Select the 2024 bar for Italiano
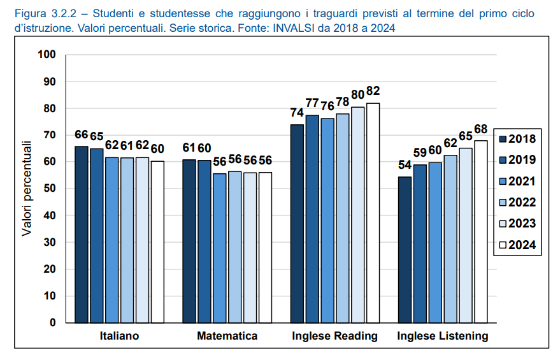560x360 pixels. pyautogui.click(x=157, y=241)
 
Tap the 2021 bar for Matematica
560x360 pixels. pyautogui.click(x=220, y=248)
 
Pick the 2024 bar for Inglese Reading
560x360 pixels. pyautogui.click(x=373, y=213)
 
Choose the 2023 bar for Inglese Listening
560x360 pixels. pyautogui.click(x=466, y=235)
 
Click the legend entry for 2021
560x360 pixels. pyautogui.click(x=516, y=181)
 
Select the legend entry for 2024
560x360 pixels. pyautogui.click(x=516, y=245)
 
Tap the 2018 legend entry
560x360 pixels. pyautogui.click(x=516, y=139)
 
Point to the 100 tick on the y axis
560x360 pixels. pyautogui.click(x=48, y=55)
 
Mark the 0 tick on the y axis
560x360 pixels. pyautogui.click(x=53, y=322)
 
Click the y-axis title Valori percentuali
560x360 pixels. pyautogui.click(x=27, y=189)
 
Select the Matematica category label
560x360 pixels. pyautogui.click(x=227, y=336)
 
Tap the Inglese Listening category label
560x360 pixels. pyautogui.click(x=442, y=336)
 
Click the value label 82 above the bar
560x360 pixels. pyautogui.click(x=373, y=91)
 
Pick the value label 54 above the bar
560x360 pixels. pyautogui.click(x=405, y=165)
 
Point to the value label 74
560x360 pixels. pyautogui.click(x=297, y=113)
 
